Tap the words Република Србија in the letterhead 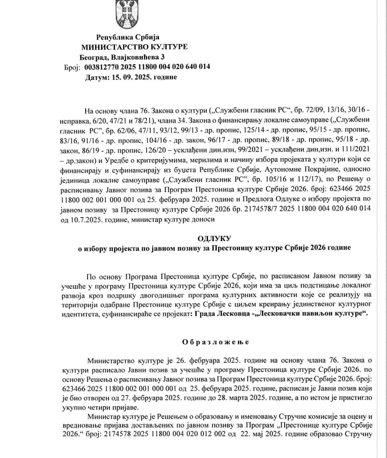pyautogui.click(x=128, y=37)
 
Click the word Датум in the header pyautogui.click(x=97, y=77)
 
